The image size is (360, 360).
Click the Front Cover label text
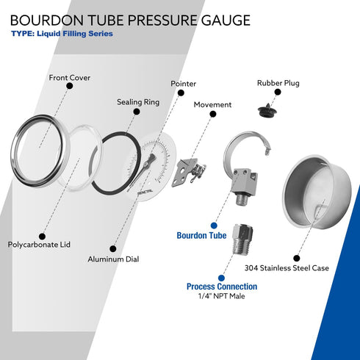tap(71, 77)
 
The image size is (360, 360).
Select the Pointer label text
tap(184, 84)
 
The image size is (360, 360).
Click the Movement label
tap(212, 105)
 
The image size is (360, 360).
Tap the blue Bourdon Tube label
tap(201, 236)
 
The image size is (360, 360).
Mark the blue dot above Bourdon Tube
tap(214, 225)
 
